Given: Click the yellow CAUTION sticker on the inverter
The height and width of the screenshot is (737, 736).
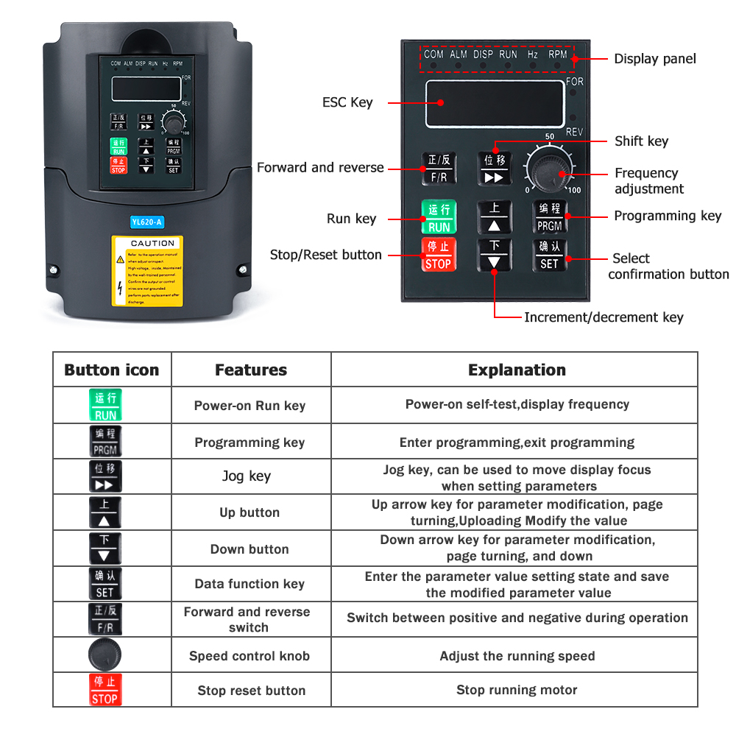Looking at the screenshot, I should [x=147, y=270].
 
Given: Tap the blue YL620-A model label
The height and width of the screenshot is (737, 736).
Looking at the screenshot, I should [x=146, y=222].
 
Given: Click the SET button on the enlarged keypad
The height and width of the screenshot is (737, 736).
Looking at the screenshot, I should [x=550, y=255].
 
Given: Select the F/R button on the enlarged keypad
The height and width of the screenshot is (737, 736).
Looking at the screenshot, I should [x=438, y=169].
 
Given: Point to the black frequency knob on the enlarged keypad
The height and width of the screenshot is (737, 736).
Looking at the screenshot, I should [x=550, y=172].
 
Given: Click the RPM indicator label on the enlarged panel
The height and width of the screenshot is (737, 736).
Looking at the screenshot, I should [x=557, y=54].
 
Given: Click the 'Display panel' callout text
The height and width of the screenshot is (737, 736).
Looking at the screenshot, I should [x=654, y=59].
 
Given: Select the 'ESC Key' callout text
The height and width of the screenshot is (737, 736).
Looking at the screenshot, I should [x=347, y=102].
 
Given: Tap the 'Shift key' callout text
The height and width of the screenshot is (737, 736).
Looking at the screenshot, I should [x=641, y=141].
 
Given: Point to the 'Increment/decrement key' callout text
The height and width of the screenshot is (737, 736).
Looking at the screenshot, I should [x=604, y=317].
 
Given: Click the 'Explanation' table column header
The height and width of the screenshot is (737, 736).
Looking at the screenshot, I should [x=517, y=370].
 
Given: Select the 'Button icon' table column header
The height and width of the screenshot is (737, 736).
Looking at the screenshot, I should [x=112, y=370].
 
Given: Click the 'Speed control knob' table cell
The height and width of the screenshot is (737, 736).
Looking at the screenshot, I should [x=250, y=656].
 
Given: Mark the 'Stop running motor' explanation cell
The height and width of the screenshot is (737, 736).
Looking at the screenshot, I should [x=517, y=690].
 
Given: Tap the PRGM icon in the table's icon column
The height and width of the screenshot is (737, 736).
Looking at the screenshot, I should [x=105, y=441].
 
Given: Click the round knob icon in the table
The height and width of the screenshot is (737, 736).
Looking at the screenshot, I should [x=105, y=655].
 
